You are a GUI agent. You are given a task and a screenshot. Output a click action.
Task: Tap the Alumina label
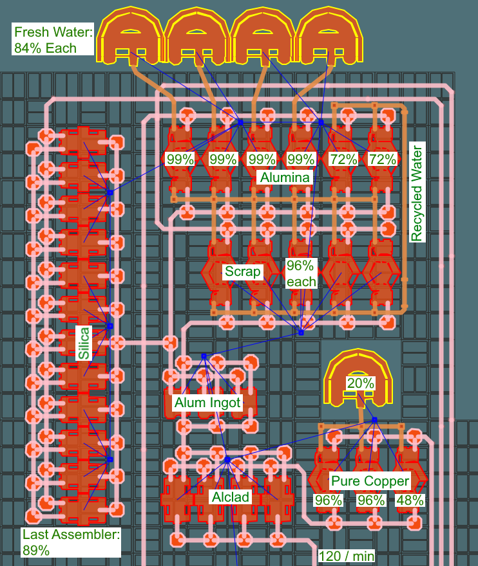[x=285, y=177]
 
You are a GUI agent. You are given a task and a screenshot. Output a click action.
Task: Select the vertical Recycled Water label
[x=417, y=194]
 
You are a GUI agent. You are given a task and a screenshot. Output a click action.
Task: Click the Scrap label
[x=243, y=271]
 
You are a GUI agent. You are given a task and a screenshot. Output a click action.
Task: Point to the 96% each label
[x=301, y=273]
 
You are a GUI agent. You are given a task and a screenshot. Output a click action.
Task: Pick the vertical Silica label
[x=84, y=342]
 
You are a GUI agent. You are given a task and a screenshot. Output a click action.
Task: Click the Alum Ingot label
[x=207, y=403]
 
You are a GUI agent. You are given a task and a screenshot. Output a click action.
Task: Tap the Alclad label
[x=230, y=497]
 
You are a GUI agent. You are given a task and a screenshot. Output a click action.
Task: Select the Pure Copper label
[x=370, y=481]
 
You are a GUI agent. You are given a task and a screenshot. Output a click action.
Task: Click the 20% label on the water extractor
[x=360, y=383]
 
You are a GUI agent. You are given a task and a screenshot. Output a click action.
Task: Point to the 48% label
[x=410, y=500]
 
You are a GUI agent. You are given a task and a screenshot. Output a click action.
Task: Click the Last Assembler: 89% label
[x=71, y=542]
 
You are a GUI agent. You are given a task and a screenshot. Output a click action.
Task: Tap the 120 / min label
[x=347, y=556]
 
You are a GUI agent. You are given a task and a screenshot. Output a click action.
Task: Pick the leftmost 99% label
[x=180, y=159]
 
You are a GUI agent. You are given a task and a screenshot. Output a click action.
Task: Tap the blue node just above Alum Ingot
[x=204, y=356]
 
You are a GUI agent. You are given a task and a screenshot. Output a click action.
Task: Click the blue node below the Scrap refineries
[x=301, y=333]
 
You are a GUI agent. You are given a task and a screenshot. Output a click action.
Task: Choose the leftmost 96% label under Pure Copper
[x=327, y=500]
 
